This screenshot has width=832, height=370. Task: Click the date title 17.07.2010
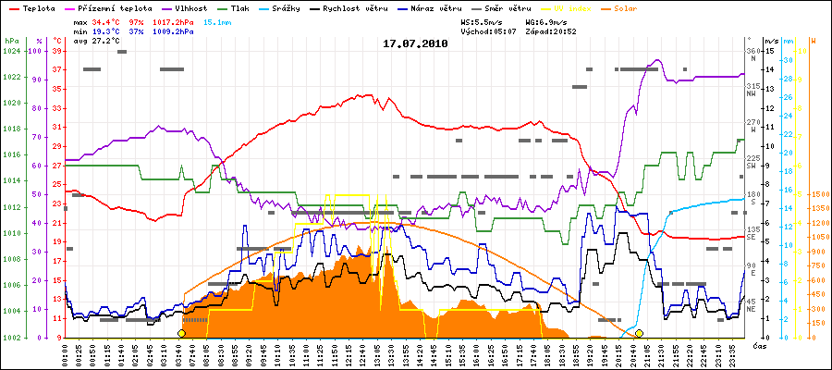tap(415, 43)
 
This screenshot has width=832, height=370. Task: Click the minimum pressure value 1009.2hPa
tap(174, 31)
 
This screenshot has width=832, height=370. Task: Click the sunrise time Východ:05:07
tap(496, 31)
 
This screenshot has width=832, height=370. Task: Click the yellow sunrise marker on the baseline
tap(181, 332)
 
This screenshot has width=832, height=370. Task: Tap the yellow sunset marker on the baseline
tap(639, 332)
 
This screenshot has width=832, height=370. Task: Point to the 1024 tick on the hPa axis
tap(11, 51)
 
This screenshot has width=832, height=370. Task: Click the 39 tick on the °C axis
tap(56, 51)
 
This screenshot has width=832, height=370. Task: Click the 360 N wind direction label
tap(752, 55)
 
